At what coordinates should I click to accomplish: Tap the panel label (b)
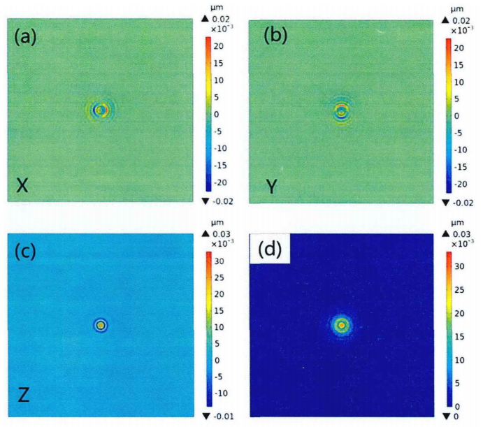point(275,35)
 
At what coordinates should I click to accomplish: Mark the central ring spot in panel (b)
point(341,111)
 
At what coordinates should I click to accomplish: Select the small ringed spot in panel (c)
point(101,325)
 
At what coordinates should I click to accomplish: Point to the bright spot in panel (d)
point(341,325)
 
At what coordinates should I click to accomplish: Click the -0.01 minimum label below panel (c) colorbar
point(224,418)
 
